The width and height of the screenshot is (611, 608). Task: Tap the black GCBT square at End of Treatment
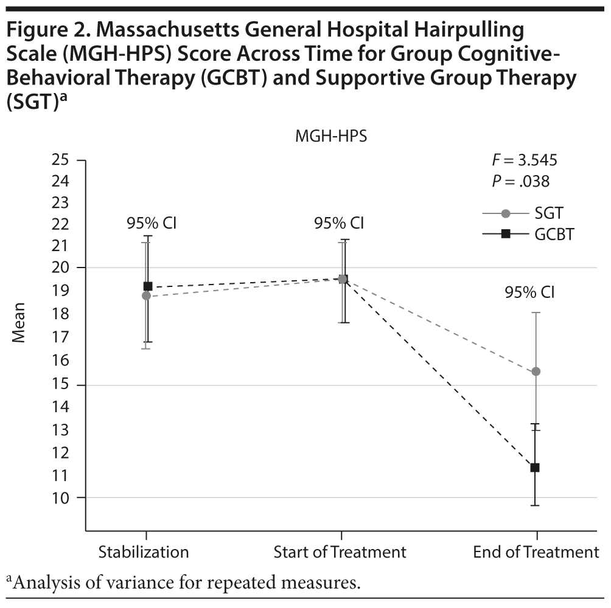(535, 468)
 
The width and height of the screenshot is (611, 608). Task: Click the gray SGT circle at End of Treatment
(536, 371)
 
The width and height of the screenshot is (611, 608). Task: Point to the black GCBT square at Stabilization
(148, 286)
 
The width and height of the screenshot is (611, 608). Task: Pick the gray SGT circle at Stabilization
(146, 295)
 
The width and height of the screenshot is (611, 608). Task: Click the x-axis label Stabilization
(144, 552)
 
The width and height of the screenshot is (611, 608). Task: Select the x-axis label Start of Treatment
(340, 552)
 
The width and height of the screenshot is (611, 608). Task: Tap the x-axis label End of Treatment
(536, 552)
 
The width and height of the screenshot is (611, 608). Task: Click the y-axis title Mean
(19, 322)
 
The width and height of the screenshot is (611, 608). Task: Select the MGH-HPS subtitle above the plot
(331, 137)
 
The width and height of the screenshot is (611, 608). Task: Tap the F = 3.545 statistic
(524, 161)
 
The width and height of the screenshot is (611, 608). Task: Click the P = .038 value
(520, 181)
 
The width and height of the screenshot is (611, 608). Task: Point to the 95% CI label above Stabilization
(152, 223)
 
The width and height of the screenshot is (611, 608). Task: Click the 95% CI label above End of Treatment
(529, 292)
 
